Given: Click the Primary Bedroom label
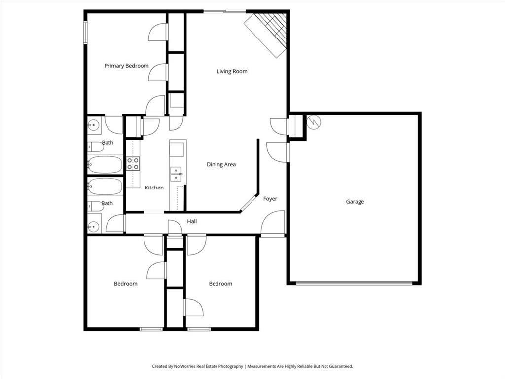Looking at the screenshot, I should (126, 66).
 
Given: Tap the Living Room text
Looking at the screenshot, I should (232, 71).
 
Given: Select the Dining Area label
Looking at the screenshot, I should (221, 164).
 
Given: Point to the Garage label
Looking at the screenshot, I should (355, 201).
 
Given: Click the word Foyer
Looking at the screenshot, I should (270, 199).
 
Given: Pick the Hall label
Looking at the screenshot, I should (192, 221).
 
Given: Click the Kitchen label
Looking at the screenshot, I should (154, 188).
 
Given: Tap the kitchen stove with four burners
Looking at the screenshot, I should (133, 163).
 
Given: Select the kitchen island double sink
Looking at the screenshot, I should (176, 174).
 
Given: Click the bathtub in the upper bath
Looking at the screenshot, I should (105, 164).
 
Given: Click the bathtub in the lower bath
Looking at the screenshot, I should (105, 187).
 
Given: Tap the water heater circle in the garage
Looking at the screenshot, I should (314, 122).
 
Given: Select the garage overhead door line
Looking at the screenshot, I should (354, 283).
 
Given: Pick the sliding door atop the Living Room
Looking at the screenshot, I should (224, 11).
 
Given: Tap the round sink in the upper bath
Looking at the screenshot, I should (93, 125).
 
